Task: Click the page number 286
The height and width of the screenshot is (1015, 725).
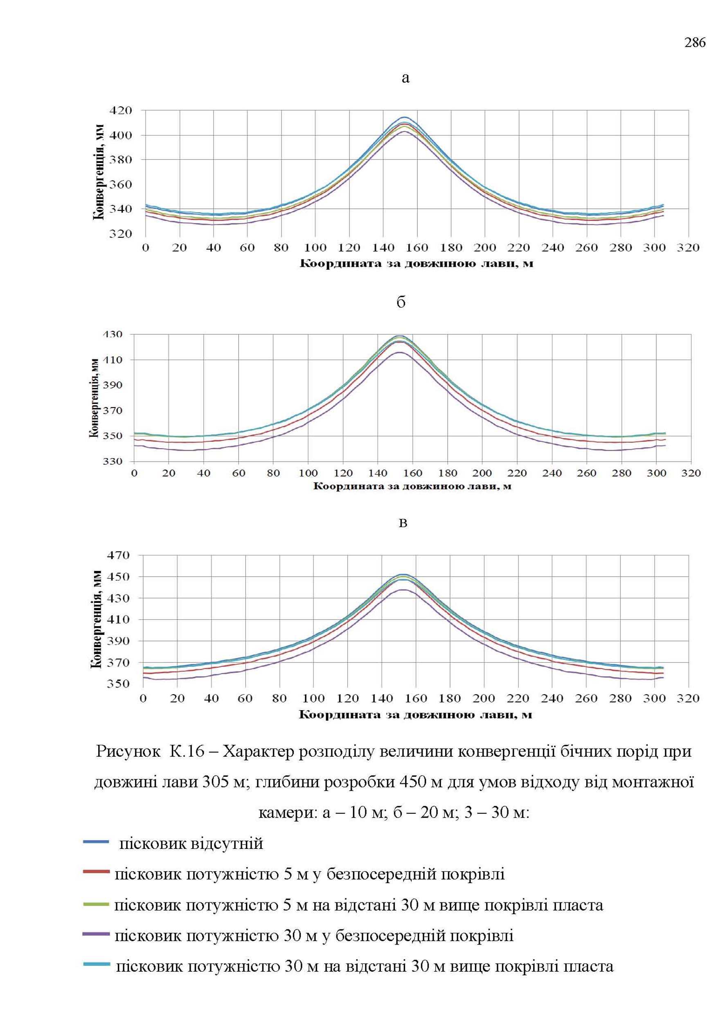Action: point(695,43)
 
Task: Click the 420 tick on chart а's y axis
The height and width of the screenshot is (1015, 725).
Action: point(121,110)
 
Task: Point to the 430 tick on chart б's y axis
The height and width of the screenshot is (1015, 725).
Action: point(113,334)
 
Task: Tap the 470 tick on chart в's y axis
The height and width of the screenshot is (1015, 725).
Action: point(118,555)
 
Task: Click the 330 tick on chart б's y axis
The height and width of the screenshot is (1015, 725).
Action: point(113,461)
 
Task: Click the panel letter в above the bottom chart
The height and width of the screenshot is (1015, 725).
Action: point(403,523)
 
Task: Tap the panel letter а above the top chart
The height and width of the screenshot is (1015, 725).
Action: point(405,79)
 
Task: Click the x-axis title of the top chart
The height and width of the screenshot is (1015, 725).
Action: point(416,264)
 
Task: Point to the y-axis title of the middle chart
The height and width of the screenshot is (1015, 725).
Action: point(94,398)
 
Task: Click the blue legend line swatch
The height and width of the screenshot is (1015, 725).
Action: point(96,842)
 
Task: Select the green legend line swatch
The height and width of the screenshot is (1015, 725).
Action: point(96,904)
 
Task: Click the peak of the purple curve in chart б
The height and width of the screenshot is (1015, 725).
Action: point(400,352)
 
